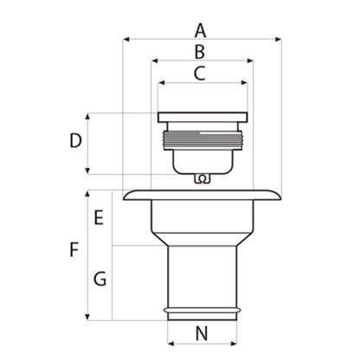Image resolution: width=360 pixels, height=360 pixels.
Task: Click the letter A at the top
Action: coord(201,29)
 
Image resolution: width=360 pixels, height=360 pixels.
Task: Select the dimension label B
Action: coord(200,52)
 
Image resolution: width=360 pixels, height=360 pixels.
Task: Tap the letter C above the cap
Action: coord(200,74)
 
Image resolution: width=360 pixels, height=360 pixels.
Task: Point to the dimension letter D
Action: coord(76,140)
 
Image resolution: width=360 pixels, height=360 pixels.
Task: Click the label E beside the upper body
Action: coord(99,217)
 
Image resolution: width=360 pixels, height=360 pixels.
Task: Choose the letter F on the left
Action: coord(74,251)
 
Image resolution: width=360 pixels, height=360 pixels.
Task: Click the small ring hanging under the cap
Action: coord(202,180)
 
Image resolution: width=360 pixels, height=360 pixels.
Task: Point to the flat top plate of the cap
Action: coord(203,117)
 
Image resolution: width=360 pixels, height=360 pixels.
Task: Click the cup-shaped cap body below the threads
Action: coord(203,159)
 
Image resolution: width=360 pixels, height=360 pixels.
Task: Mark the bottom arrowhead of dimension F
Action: coord(90,317)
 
